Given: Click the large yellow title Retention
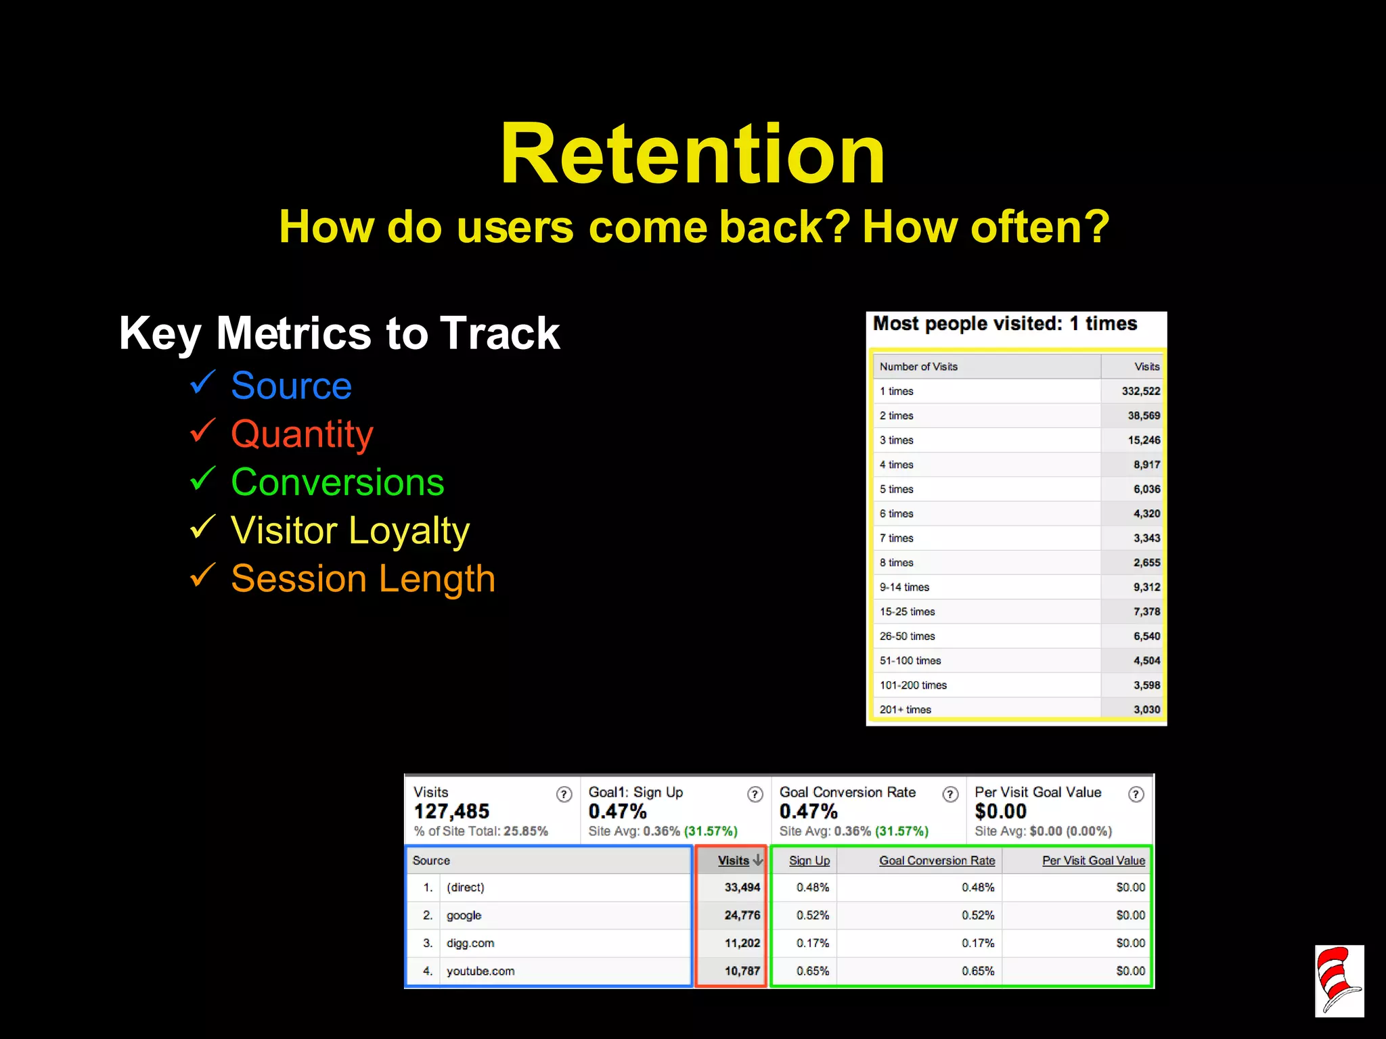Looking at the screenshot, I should coord(692,154).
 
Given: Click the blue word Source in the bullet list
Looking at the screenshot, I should coord(291,386).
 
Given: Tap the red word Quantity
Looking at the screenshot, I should coord(302,434).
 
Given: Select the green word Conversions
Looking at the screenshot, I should coord(337,482).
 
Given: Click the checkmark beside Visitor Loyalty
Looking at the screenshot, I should coord(202,528).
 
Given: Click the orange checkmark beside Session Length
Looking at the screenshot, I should coord(202,576).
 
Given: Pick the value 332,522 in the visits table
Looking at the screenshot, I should coord(1140,391).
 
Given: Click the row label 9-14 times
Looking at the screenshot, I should coord(904,587).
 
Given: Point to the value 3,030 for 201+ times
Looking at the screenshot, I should coord(1146,710).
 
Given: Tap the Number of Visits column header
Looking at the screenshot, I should coord(918,367).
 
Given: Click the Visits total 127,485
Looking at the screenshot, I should coord(451,811).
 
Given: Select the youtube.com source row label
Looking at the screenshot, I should coord(480,971).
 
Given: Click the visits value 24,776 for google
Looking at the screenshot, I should coord(742,915).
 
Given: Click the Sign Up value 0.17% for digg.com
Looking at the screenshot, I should coord(812,943).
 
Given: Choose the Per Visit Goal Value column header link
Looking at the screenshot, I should coord(1093,860).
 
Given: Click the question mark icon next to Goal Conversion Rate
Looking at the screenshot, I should coord(950,794).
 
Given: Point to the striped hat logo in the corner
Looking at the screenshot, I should coord(1339,981).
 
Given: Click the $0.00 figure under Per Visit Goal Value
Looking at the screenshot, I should coord(1000,811).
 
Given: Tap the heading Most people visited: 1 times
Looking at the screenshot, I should coord(1004,323).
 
